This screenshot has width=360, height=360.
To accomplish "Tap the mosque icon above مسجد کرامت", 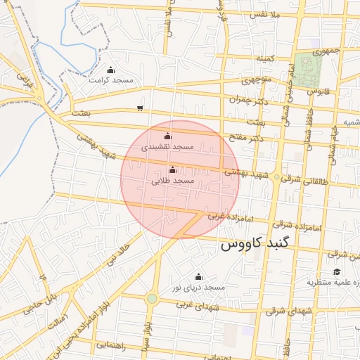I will (x=110, y=70).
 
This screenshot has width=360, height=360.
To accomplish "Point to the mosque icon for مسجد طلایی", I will (x=173, y=169).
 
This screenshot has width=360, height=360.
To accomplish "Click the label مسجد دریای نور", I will (x=198, y=288).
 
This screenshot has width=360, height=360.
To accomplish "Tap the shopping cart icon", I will (x=141, y=108).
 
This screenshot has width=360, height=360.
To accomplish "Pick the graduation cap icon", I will (x=336, y=271).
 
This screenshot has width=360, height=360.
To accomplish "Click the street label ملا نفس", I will (x=265, y=14).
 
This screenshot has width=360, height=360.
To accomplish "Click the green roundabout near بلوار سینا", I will (x=152, y=299).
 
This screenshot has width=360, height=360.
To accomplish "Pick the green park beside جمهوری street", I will (x=308, y=69).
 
